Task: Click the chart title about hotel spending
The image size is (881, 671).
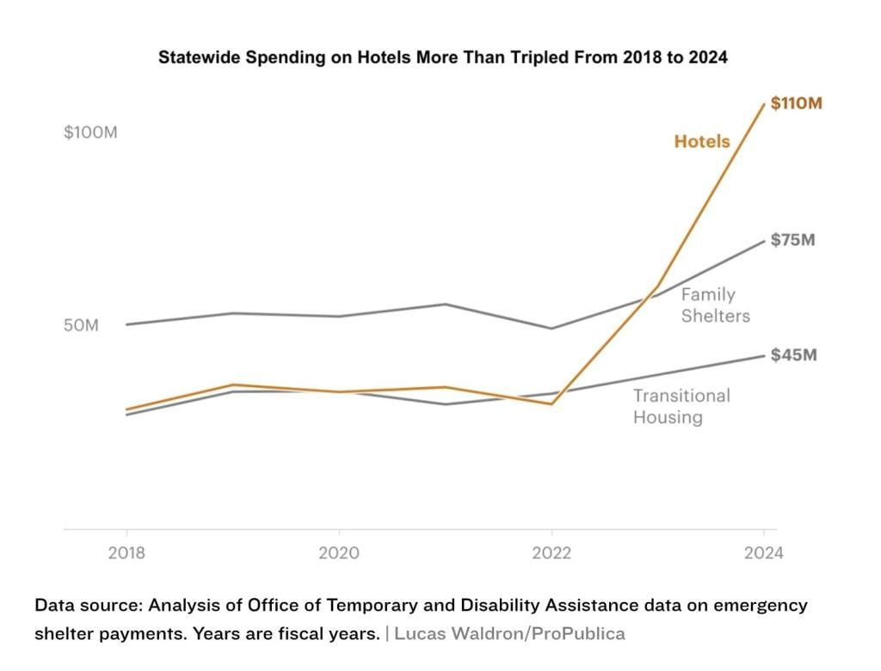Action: click(x=442, y=58)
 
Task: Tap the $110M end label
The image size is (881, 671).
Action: click(x=796, y=103)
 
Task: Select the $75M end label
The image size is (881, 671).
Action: click(x=792, y=240)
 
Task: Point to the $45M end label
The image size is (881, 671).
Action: click(x=793, y=354)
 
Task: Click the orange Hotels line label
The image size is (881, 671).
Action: click(x=701, y=141)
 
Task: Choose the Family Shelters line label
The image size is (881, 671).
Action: click(x=715, y=305)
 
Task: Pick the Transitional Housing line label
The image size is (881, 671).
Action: click(x=681, y=406)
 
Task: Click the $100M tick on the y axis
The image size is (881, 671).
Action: click(x=90, y=133)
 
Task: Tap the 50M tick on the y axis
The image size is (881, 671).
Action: click(x=82, y=326)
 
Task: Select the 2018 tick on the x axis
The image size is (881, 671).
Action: click(x=126, y=552)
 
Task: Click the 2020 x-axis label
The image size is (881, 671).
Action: click(x=339, y=552)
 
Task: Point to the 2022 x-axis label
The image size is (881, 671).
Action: click(x=551, y=552)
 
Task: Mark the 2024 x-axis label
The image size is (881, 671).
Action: click(x=763, y=552)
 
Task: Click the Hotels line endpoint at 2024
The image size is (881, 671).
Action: click(x=764, y=104)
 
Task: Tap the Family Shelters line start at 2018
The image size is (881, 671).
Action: click(x=127, y=324)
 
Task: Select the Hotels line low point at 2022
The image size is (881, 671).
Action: click(x=551, y=403)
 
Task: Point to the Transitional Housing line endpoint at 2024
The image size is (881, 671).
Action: click(x=764, y=355)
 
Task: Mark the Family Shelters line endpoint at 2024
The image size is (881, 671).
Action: click(x=764, y=240)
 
